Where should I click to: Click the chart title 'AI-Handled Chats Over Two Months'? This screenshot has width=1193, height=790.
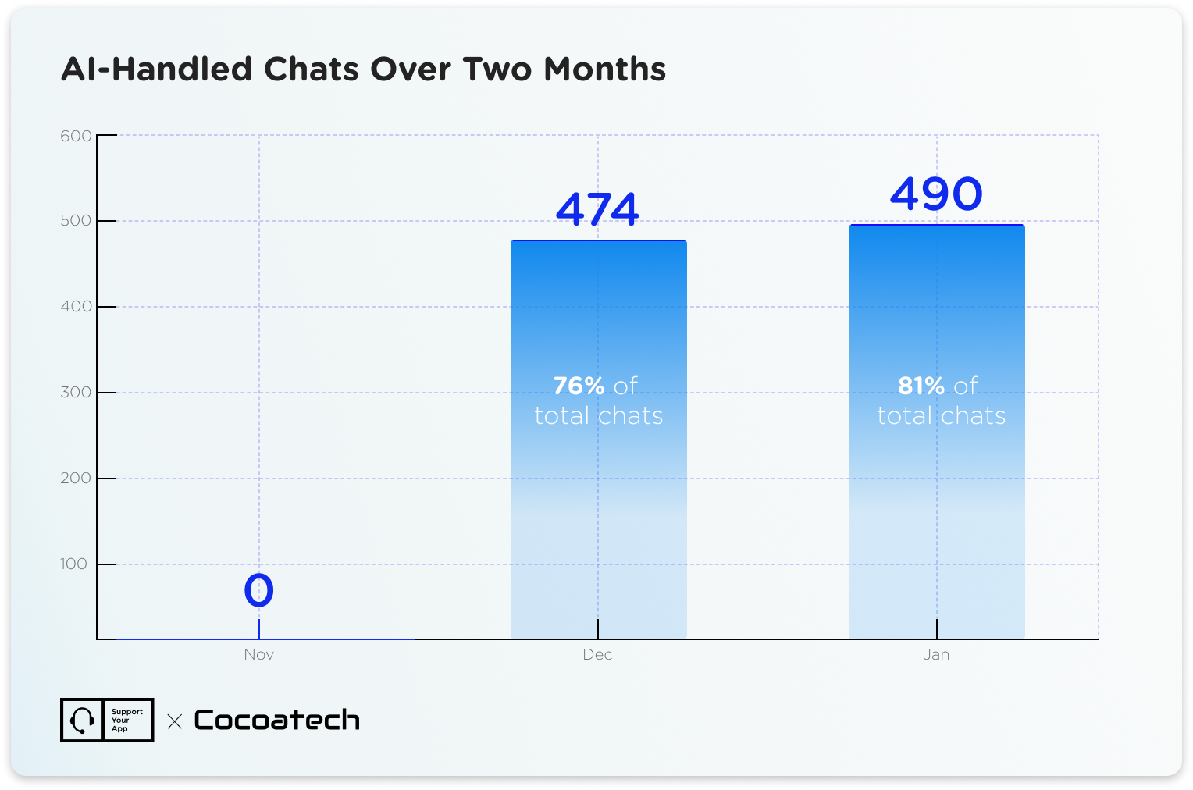pos(363,69)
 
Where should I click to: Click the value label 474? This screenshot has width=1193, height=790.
pos(597,209)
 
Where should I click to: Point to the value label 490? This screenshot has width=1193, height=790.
pos(936,194)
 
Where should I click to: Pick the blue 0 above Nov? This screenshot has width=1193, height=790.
pos(258,590)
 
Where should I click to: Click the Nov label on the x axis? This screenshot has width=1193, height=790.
pos(258,654)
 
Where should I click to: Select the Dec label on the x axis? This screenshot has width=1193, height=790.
pos(597,654)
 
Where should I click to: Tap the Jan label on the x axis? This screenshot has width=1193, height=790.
pos(936,654)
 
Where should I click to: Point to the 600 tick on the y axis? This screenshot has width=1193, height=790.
pos(77,136)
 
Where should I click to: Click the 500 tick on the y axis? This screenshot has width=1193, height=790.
pos(77,220)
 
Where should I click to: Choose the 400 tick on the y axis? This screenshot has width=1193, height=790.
pos(77,306)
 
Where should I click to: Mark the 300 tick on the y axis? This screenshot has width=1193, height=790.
pos(77,392)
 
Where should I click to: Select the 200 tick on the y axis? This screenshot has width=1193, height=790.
pos(77,478)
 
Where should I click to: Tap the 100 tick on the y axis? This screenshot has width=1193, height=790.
pos(74,564)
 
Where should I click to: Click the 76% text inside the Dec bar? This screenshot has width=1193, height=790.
pos(579,386)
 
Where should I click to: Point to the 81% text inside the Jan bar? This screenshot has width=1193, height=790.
pos(921,386)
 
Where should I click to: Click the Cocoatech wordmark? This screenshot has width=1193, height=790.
pos(276,720)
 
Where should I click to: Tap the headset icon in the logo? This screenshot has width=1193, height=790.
pos(82,720)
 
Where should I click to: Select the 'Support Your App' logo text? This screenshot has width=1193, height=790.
pos(126,720)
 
